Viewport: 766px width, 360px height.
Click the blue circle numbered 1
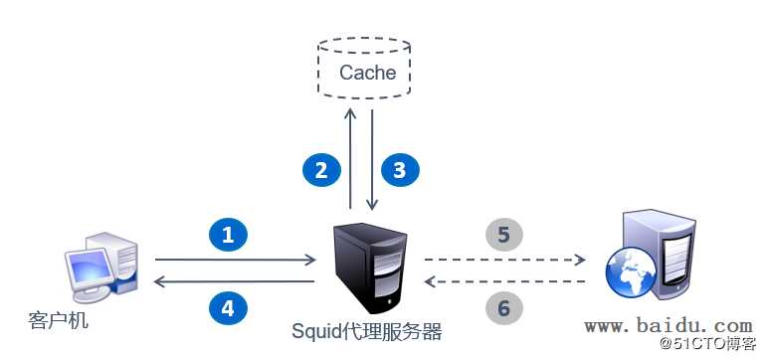pyautogui.click(x=228, y=235)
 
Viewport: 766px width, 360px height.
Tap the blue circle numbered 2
pyautogui.click(x=321, y=170)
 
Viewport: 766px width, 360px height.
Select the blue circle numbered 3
pyautogui.click(x=400, y=170)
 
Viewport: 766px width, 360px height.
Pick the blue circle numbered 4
pyautogui.click(x=228, y=308)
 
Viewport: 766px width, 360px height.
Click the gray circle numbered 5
pyautogui.click(x=503, y=235)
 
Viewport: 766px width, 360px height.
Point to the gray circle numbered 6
pyautogui.click(x=503, y=308)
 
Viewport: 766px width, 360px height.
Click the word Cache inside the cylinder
pyautogui.click(x=367, y=73)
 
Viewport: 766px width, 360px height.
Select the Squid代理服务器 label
pyautogui.click(x=367, y=330)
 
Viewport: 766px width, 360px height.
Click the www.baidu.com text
pyautogui.click(x=668, y=325)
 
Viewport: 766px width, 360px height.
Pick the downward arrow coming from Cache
pyautogui.click(x=372, y=159)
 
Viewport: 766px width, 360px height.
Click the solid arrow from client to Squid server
pyautogui.click(x=235, y=261)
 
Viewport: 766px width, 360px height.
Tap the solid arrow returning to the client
pyautogui.click(x=235, y=282)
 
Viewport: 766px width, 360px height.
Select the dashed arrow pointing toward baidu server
pyautogui.click(x=504, y=261)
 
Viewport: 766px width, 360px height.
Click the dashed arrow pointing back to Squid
pyautogui.click(x=504, y=282)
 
